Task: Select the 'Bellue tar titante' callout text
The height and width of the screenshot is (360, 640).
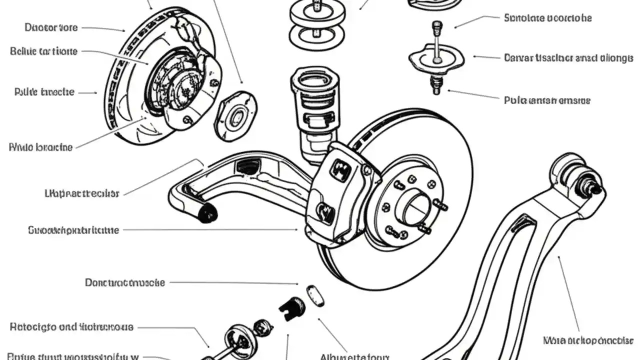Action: point(43,51)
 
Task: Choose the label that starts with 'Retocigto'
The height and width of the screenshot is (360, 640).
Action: point(71,327)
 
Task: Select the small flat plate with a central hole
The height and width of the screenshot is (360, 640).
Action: point(235,116)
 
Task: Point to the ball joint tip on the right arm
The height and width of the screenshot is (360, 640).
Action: point(595,189)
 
